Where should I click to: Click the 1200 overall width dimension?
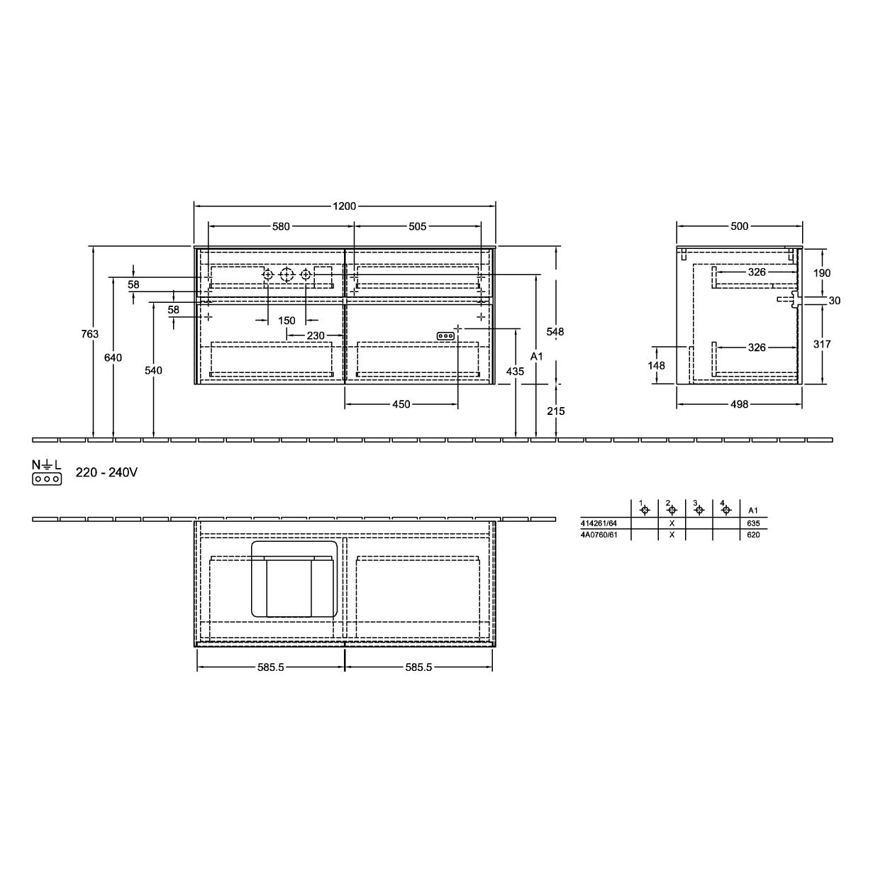(x=345, y=206)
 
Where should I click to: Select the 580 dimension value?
(x=281, y=226)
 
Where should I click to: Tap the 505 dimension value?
(x=417, y=226)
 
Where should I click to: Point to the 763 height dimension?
(x=89, y=334)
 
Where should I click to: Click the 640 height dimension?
(x=113, y=358)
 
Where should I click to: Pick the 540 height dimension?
(x=154, y=371)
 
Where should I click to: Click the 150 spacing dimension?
(x=287, y=321)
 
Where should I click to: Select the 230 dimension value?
(x=316, y=335)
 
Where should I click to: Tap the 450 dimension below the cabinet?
(x=401, y=404)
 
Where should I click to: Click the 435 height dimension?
(x=515, y=372)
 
